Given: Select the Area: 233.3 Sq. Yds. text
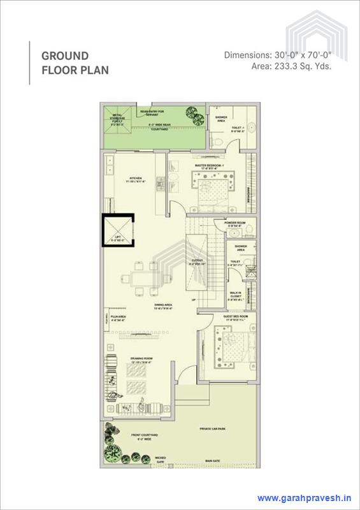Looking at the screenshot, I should [x=292, y=66].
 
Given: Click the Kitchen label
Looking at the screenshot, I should [x=135, y=179].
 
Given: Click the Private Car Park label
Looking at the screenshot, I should [x=212, y=429].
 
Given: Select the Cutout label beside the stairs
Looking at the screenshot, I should [x=197, y=261].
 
